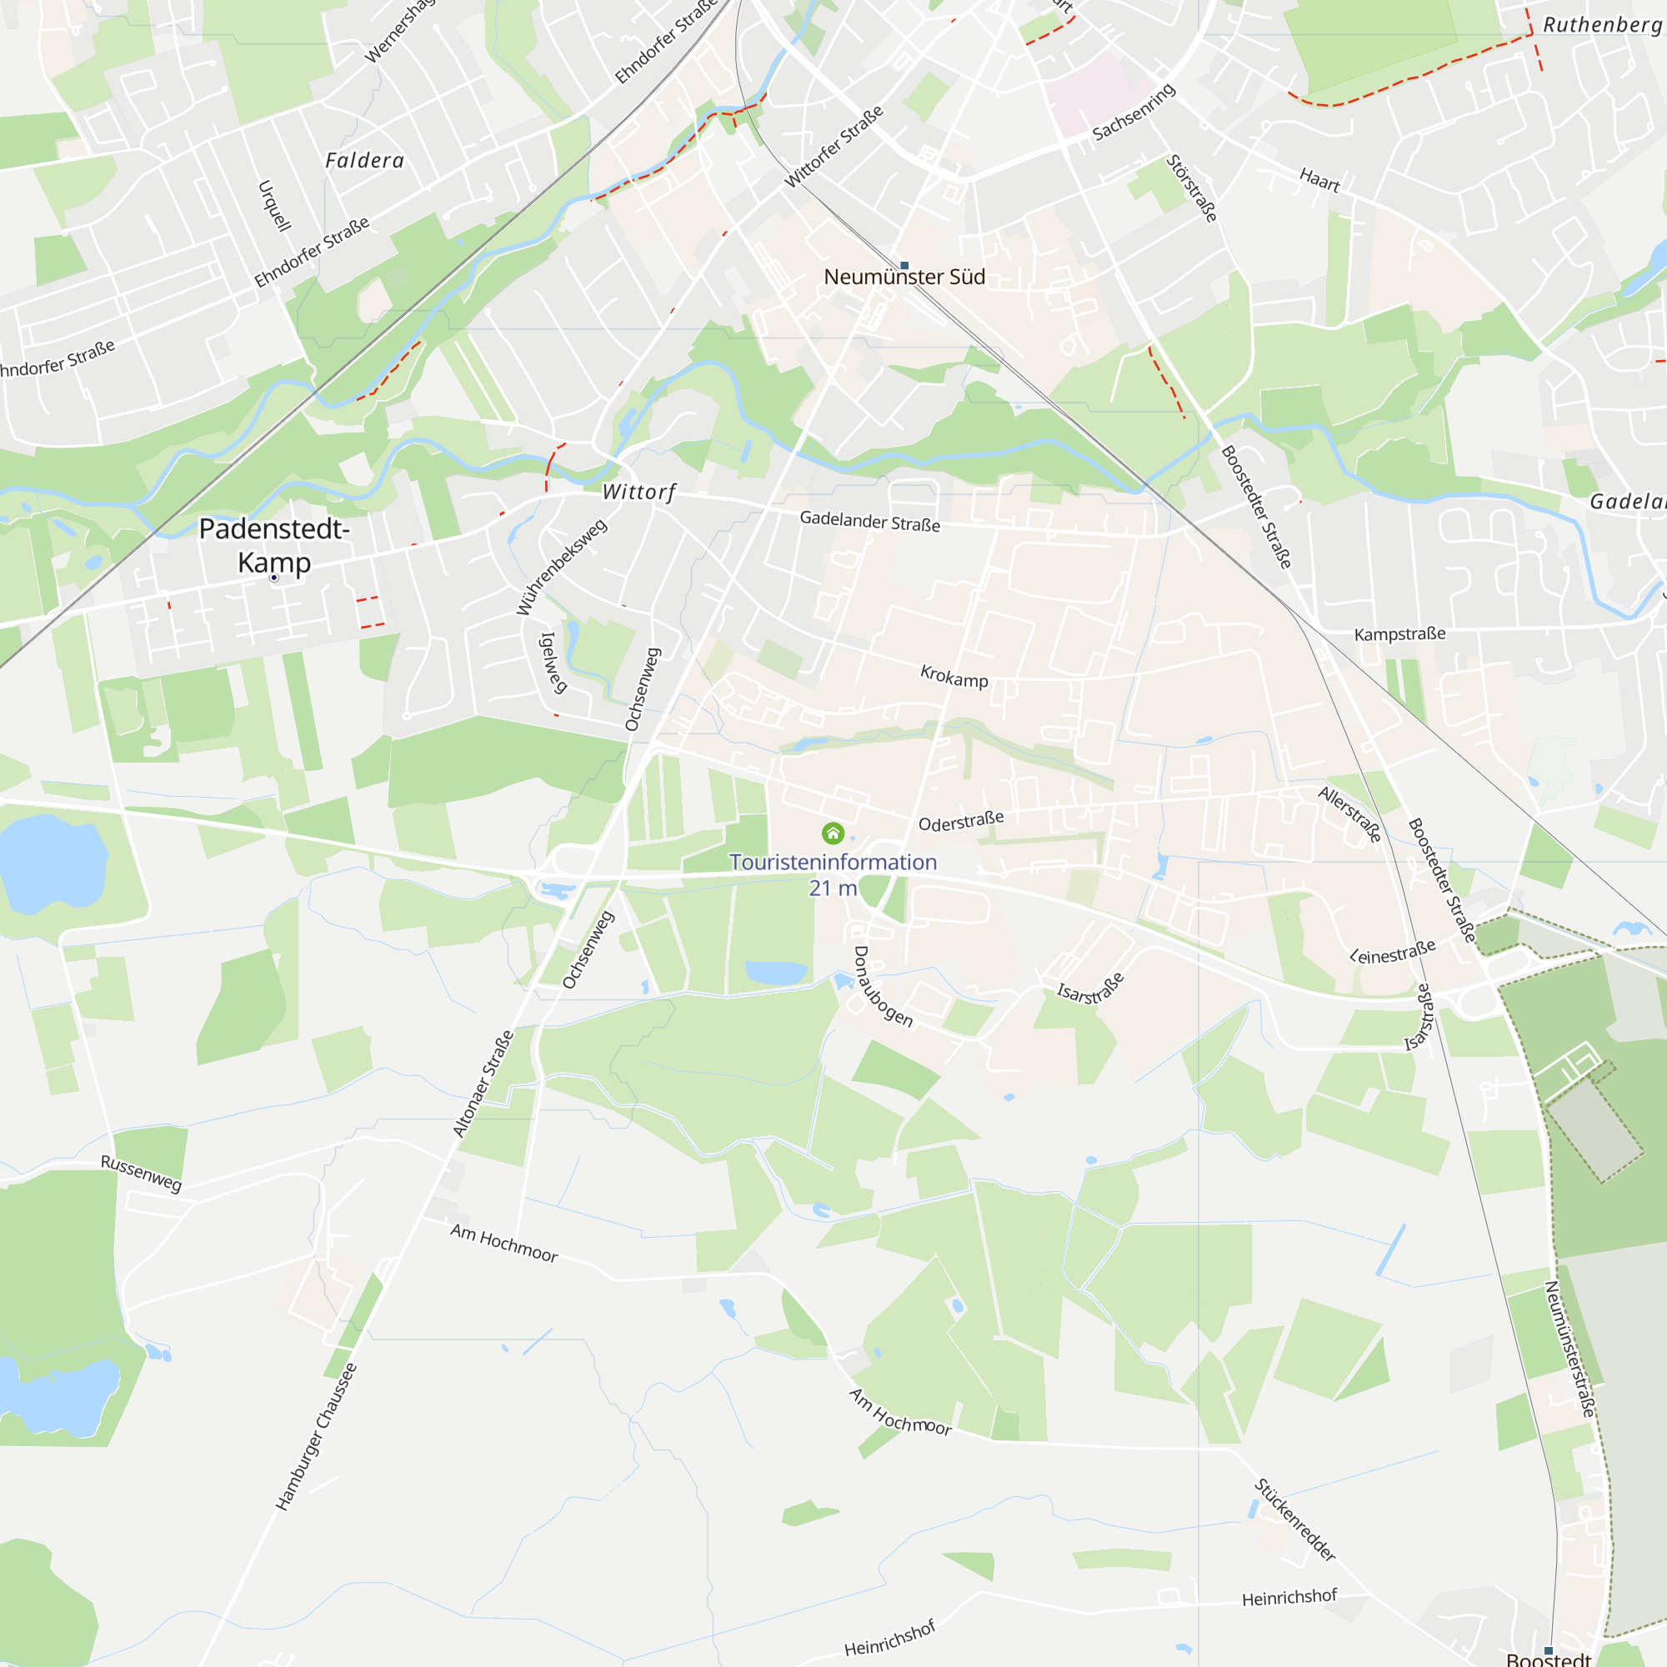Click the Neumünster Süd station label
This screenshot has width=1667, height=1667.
tap(904, 277)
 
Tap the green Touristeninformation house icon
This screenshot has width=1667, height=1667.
tap(833, 833)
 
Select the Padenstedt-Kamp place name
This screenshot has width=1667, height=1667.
tap(274, 545)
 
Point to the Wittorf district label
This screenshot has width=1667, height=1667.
tap(638, 492)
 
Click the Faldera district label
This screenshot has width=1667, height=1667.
tap(365, 161)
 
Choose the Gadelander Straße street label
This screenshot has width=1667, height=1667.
tap(869, 521)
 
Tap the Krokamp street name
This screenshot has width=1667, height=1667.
tap(954, 677)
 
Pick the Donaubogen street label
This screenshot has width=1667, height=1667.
tap(882, 986)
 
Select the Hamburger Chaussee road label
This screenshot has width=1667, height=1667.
tap(316, 1437)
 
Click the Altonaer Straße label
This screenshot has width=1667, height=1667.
tap(483, 1084)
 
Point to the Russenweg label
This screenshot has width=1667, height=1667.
tap(142, 1174)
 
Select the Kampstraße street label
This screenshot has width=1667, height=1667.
tap(1399, 634)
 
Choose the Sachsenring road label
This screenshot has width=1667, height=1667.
tap(1134, 113)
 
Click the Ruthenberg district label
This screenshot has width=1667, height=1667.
tap(1602, 25)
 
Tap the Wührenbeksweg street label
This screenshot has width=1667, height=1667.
tap(562, 567)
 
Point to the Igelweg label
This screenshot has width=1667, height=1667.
tap(553, 663)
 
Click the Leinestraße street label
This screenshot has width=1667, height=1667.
tap(1393, 952)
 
